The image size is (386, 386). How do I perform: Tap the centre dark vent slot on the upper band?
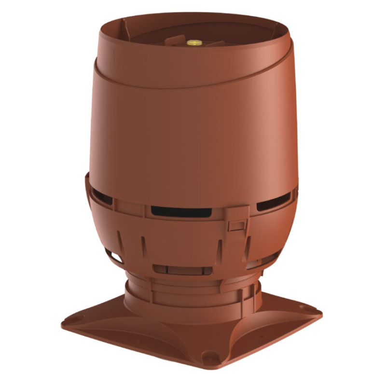[x=181, y=212]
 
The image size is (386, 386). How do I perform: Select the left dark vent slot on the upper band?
[x=102, y=196]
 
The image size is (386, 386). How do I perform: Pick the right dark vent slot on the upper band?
[x=274, y=202]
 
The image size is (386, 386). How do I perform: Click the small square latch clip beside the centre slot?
[x=236, y=225]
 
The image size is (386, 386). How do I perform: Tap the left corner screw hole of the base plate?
[x=78, y=319]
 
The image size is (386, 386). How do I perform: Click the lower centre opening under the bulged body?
[x=181, y=270]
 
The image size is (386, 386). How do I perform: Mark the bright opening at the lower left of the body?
[x=116, y=256]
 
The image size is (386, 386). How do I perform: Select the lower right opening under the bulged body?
[x=256, y=263]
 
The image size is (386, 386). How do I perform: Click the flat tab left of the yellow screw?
[x=174, y=41]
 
